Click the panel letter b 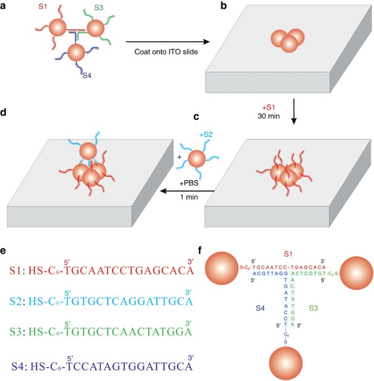222,6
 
